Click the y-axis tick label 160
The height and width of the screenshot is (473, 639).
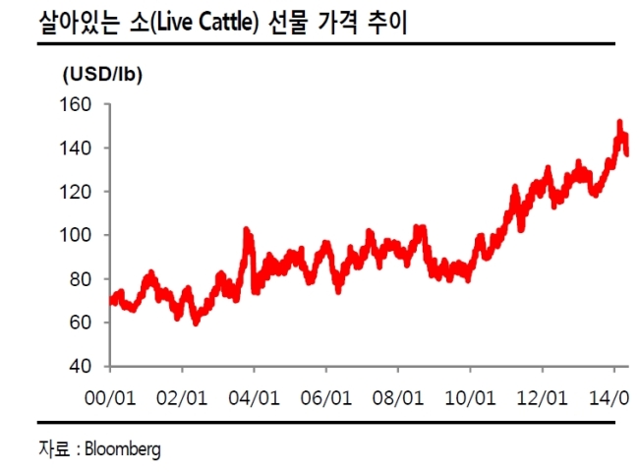pos(76,104)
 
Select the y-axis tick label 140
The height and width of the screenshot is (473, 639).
pos(76,148)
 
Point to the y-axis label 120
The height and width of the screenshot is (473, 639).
pos(76,192)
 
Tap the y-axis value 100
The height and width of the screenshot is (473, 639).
pos(76,235)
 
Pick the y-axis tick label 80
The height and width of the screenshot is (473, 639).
pos(81,279)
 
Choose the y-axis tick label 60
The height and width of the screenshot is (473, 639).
pos(81,323)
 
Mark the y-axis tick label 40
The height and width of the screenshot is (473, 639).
pos(81,366)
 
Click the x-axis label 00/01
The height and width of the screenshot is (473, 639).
pos(110,398)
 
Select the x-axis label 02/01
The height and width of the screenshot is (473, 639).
pos(182,398)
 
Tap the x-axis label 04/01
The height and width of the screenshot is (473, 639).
pos(254,398)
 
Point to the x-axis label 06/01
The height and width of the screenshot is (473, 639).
pos(326,398)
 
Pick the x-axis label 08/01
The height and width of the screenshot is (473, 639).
pos(398,398)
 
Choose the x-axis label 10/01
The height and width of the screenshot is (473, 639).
pos(470,398)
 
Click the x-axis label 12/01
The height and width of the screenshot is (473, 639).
pos(542,398)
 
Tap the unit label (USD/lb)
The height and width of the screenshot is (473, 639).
pos(102,75)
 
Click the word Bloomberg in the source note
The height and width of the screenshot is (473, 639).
pos(123,449)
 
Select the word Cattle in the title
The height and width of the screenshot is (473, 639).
pos(226,22)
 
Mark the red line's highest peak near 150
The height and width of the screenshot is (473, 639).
pos(620,122)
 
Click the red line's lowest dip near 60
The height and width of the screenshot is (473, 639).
pos(196,323)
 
